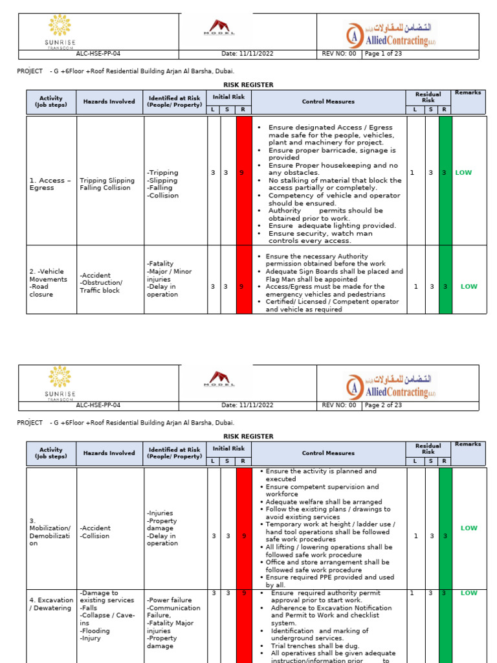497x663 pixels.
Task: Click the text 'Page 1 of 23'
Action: coord(384,54)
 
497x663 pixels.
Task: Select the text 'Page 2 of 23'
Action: coord(384,405)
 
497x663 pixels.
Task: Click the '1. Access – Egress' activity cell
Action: coord(47,185)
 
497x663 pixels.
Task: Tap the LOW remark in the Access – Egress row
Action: coord(464,173)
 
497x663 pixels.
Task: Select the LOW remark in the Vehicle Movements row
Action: coord(469,286)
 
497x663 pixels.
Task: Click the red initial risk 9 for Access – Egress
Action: coord(243,173)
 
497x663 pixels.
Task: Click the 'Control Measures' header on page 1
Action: coord(328,102)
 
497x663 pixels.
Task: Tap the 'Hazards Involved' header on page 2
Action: coord(109,453)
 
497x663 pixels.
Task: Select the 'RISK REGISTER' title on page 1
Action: coord(248,85)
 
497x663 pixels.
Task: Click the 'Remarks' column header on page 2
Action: coord(468,445)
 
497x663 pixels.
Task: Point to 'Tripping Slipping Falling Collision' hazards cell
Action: coord(107,185)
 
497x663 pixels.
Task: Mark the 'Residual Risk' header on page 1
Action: coord(428,96)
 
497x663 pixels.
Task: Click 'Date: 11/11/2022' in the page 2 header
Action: coord(248,405)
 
